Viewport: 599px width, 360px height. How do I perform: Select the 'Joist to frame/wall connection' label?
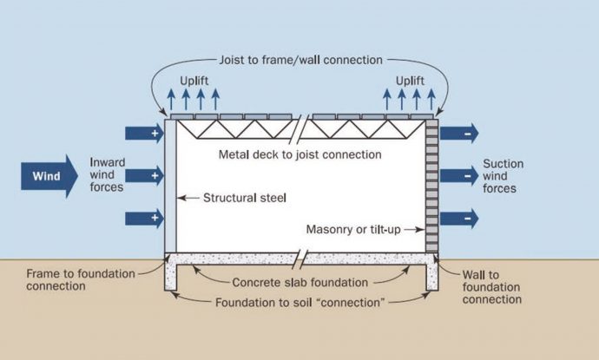tap(299, 61)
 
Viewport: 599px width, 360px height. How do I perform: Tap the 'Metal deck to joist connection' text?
tap(299, 155)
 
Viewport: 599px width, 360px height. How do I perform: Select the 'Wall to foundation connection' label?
tap(492, 286)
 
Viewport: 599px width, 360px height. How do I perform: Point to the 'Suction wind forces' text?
tap(501, 176)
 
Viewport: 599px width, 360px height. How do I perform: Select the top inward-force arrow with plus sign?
tap(143, 134)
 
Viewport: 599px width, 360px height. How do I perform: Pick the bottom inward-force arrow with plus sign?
tap(143, 217)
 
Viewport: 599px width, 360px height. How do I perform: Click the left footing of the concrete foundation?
tap(171, 276)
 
